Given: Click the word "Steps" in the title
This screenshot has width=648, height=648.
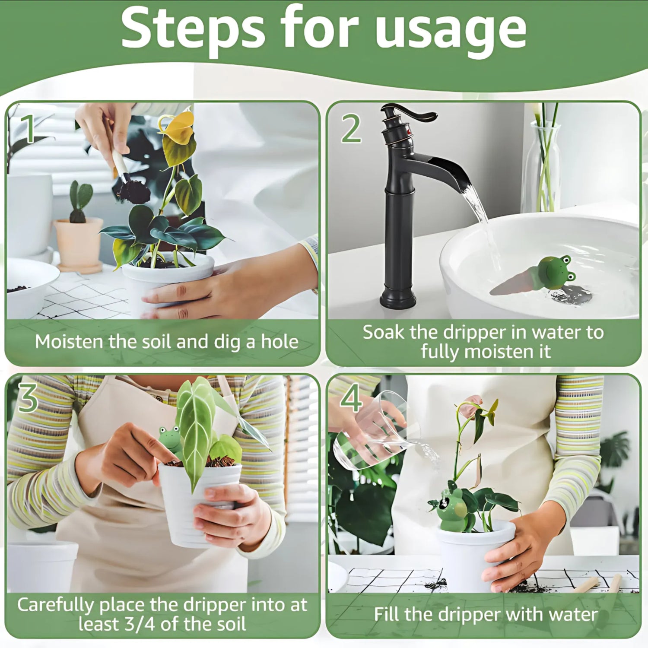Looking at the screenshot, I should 193,29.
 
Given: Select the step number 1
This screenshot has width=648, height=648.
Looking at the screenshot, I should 29,129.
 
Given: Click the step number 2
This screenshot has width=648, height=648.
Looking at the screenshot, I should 351,129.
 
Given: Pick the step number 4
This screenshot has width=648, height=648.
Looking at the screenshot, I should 351,398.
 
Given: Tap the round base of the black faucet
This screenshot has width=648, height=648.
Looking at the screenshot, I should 397,298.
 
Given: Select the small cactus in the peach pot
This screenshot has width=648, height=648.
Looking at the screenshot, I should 80,201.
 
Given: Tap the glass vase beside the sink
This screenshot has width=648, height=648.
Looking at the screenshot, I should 542,168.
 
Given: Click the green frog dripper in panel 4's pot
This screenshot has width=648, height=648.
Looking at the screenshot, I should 451,508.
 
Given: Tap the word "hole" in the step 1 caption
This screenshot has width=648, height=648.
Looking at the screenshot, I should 280,342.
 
